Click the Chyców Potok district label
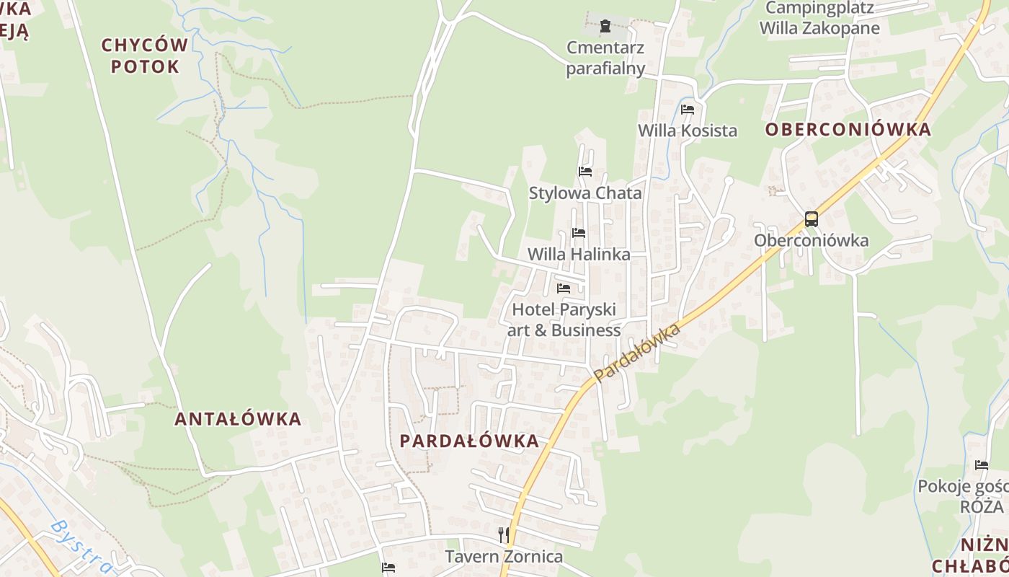[x=144, y=56]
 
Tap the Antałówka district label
[x=238, y=419]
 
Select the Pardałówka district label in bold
[x=469, y=441]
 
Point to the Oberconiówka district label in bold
[x=848, y=130]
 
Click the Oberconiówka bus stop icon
[x=812, y=219]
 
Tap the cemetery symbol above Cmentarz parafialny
[x=605, y=27]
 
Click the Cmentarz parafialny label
[x=605, y=58]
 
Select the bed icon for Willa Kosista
[x=688, y=110]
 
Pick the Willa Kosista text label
[x=688, y=131]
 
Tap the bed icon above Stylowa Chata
[x=585, y=172]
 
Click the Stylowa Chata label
[x=585, y=193]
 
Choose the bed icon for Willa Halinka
[x=579, y=233]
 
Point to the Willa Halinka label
[x=579, y=255]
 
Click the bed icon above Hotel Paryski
[x=564, y=288]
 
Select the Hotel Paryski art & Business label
[x=564, y=320]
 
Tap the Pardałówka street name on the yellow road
[x=638, y=353]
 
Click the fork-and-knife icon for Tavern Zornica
[x=504, y=535]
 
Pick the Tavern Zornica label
[x=504, y=557]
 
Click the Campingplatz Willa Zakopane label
[x=820, y=19]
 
